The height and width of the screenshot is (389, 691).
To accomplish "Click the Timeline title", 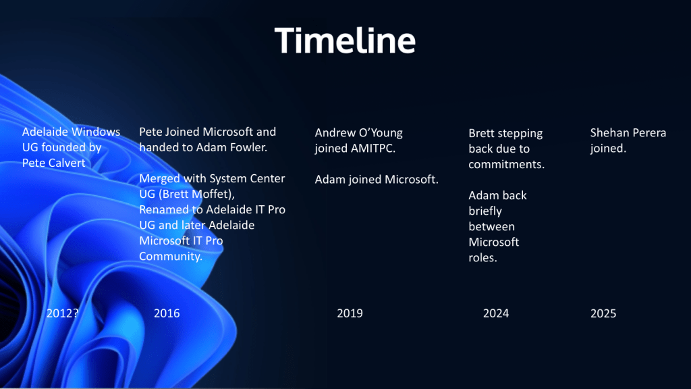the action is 345,41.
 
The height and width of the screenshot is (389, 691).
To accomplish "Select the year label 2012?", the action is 63,313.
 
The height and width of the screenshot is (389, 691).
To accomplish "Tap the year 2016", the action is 167,313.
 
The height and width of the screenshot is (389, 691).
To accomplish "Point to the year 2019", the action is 350,313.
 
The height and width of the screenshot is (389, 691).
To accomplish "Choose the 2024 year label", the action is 496,313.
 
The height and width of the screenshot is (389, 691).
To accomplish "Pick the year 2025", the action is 603,313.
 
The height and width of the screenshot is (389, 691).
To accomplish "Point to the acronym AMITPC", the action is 373,148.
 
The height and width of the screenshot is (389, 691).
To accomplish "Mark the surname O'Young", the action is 381,133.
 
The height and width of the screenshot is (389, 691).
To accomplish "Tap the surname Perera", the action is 650,133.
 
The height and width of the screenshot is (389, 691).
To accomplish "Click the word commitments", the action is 506,165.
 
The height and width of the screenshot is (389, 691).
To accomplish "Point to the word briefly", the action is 485,211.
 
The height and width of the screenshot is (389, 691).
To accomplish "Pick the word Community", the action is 171,256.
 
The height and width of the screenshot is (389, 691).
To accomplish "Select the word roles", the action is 482,258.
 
